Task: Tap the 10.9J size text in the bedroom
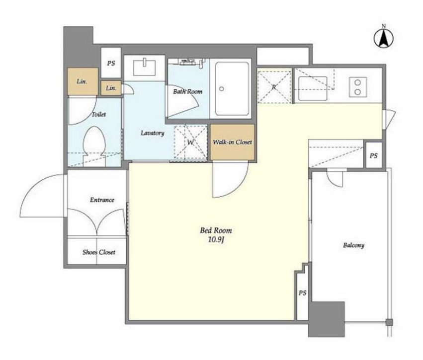pyautogui.click(x=216, y=240)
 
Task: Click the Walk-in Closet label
pyautogui.click(x=232, y=142)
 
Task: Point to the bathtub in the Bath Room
pyautogui.click(x=232, y=89)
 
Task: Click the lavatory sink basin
pyautogui.click(x=144, y=68)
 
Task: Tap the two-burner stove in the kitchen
pyautogui.click(x=358, y=87)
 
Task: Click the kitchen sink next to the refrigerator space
pyautogui.click(x=313, y=88)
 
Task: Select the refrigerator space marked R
pyautogui.click(x=274, y=87)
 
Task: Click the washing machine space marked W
pyautogui.click(x=191, y=142)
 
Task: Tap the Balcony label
pyautogui.click(x=353, y=245)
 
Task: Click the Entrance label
pyautogui.click(x=102, y=200)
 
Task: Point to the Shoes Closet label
pyautogui.click(x=99, y=252)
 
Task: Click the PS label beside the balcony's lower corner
pyautogui.click(x=302, y=293)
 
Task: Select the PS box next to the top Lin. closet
pyautogui.click(x=111, y=63)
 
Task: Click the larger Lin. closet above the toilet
pyautogui.click(x=83, y=81)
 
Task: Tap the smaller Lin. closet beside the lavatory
pyautogui.click(x=111, y=88)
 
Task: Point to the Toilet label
pyautogui.click(x=99, y=115)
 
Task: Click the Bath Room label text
pyautogui.click(x=188, y=92)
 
